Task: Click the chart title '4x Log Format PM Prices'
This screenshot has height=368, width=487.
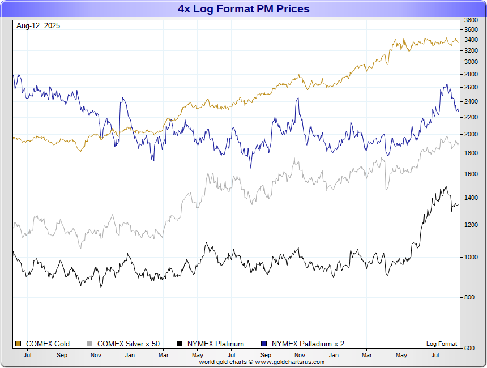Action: pos(244,9)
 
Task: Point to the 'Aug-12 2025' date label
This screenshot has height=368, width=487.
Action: pos(39,25)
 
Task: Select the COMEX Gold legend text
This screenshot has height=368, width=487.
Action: pos(48,344)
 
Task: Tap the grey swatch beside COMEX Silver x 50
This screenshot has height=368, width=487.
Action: pos(89,344)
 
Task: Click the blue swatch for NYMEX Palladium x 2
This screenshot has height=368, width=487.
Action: pos(263,344)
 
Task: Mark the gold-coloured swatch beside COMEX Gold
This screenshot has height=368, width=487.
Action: pos(18,344)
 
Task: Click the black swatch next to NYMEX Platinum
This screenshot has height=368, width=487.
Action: pos(180,344)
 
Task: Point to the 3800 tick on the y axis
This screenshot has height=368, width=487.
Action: pos(471,20)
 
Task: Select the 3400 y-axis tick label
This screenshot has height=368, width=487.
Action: pos(471,40)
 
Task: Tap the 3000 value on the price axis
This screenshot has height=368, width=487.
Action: pos(471,62)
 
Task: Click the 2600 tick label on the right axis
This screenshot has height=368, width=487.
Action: pos(471,87)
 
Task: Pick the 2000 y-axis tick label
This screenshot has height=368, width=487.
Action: pos(471,134)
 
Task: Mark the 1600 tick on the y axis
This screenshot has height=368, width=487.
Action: pos(471,174)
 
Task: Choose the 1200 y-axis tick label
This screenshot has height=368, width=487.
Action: pos(471,225)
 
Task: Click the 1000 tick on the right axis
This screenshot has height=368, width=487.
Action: pos(471,257)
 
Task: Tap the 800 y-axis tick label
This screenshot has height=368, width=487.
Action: pos(470,297)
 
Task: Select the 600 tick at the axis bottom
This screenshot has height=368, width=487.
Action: pos(470,348)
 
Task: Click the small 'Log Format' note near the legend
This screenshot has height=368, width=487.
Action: pos(442,344)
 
